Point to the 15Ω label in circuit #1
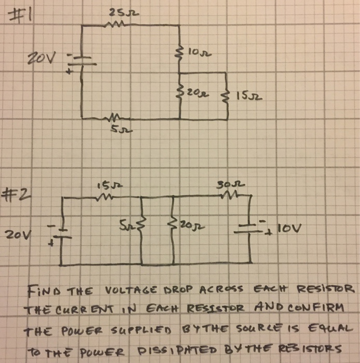coord(246,96)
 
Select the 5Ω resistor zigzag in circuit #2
coord(141,226)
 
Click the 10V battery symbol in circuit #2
coord(250,227)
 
